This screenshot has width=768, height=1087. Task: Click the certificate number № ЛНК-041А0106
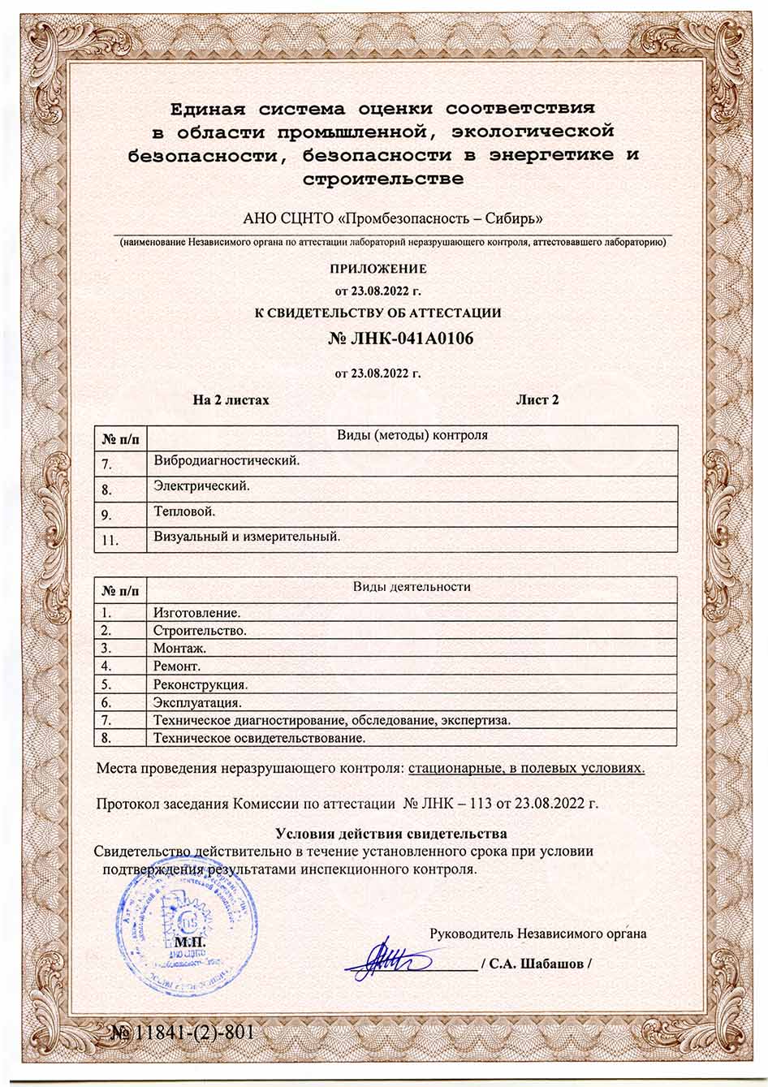(400, 339)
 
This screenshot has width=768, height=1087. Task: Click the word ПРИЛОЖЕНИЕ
(378, 269)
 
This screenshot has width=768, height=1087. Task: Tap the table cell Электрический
(201, 486)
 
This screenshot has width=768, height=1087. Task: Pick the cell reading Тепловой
(184, 511)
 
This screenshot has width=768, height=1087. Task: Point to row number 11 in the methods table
(111, 540)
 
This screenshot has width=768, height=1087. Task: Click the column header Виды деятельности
(412, 586)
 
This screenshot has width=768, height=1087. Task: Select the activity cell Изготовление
(197, 613)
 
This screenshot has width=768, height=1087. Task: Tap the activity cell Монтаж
(179, 648)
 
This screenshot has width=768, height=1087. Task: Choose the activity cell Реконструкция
(201, 684)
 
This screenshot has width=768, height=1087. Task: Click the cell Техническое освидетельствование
(259, 738)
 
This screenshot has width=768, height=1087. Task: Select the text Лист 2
(537, 399)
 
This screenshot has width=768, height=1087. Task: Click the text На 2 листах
(231, 399)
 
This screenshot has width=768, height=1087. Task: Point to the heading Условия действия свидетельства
(390, 834)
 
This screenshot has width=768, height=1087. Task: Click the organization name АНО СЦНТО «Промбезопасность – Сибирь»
(393, 218)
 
